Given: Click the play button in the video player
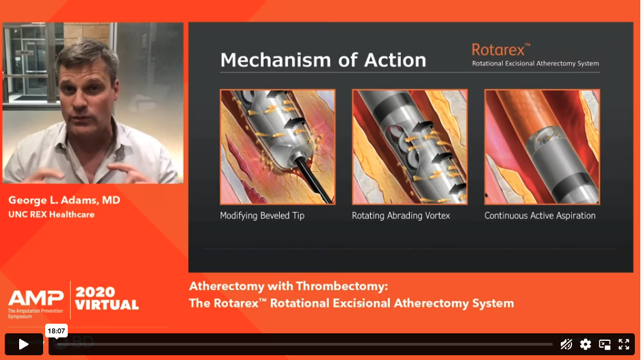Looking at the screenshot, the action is coord(24,344).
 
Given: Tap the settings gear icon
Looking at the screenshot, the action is coord(586,344).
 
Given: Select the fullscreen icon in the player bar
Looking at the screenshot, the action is coord(624,344).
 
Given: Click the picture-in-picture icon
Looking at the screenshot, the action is coord(605,344).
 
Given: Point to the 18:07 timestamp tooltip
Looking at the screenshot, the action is coord(56,331).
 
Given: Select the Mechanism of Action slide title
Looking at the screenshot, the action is coord(323,60).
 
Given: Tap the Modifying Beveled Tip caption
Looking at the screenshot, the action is coord(262,216).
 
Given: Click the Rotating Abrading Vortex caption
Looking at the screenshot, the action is coord(401,216).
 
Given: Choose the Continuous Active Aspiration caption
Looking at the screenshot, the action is coord(540,216).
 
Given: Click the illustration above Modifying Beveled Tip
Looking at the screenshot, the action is coord(278,147).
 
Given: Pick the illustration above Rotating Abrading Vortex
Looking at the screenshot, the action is coord(410,147).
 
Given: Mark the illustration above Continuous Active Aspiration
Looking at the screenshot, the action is coord(542,147).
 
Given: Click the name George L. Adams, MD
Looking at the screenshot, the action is coord(64,200).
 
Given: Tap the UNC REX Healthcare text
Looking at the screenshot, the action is coord(51,214).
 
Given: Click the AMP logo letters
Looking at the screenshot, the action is coord(36,298).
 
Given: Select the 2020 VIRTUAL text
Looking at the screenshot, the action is coord(107,298).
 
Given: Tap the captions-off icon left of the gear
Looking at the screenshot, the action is coord(566,344).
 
